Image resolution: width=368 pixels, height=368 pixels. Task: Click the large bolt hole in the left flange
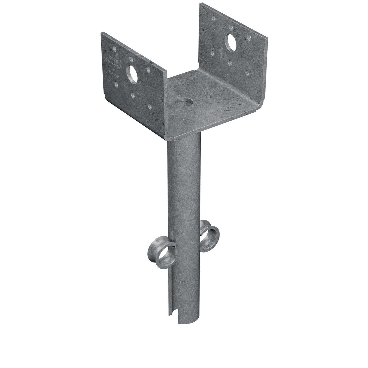[132, 74]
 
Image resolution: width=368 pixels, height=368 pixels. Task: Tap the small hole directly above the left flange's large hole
[131, 59]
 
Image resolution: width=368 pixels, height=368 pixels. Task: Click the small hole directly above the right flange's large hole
[231, 28]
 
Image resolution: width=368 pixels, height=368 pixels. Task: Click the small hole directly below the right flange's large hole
[230, 63]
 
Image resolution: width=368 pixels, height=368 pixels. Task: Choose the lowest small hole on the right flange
[247, 73]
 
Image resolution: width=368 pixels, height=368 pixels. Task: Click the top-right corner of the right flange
[267, 39]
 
